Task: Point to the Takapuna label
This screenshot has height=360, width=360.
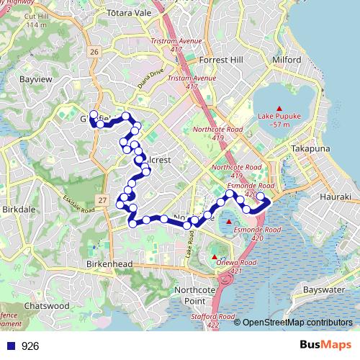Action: [310, 148]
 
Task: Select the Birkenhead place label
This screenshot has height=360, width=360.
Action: [109, 264]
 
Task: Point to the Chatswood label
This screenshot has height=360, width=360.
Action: [47, 305]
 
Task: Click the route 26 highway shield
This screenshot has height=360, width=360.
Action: [94, 52]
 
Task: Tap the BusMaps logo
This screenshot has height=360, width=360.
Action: [328, 346]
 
